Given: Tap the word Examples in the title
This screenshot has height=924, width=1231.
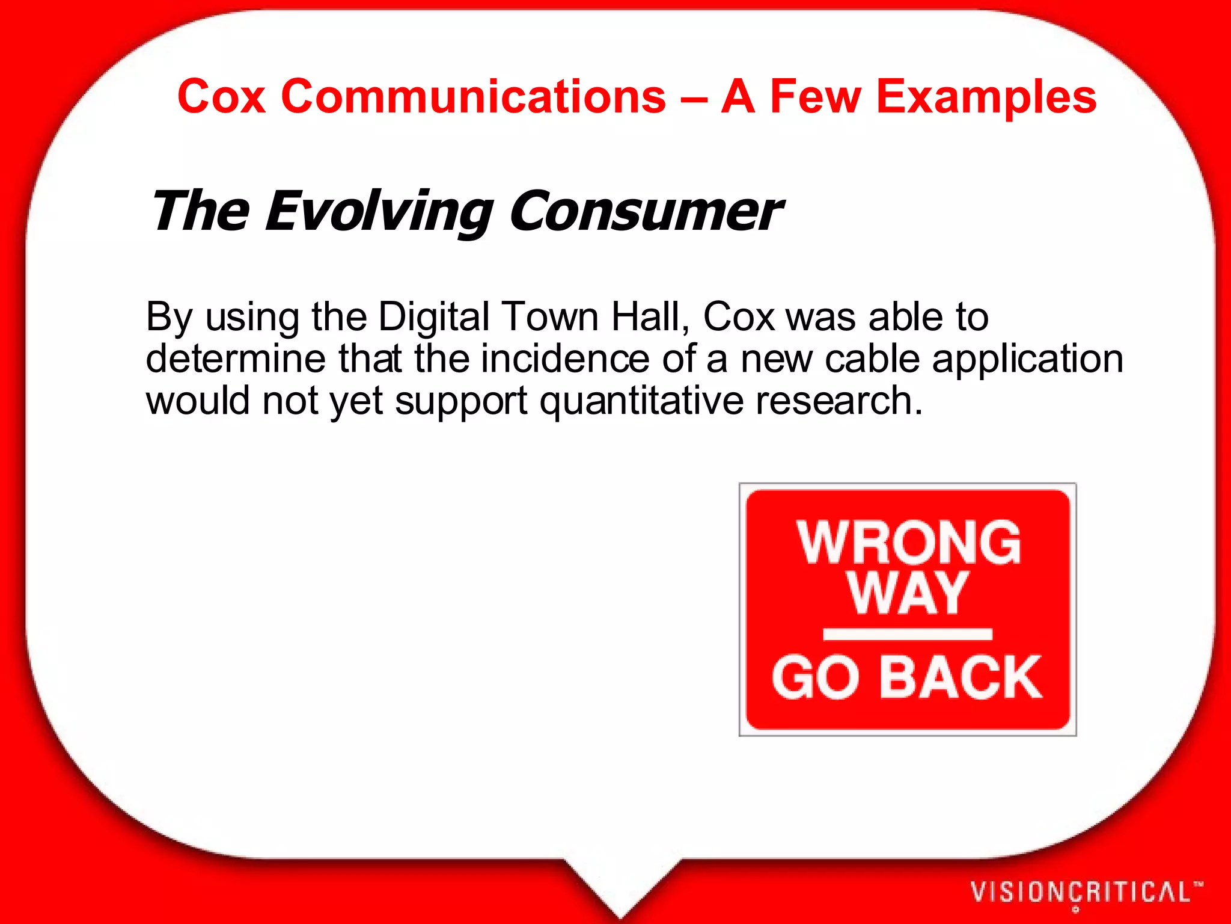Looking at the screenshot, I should click(x=986, y=97).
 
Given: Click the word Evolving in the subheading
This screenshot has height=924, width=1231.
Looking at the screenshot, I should click(x=379, y=212).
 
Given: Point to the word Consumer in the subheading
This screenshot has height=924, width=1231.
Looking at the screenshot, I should click(x=646, y=212).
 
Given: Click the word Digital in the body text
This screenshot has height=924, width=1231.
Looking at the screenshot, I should click(x=434, y=317).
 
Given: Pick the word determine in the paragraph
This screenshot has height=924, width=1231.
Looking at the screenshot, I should click(x=236, y=359).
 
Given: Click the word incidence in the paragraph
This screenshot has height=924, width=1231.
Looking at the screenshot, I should click(x=565, y=359).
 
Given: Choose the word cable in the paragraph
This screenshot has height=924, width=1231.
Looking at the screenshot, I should click(x=872, y=359).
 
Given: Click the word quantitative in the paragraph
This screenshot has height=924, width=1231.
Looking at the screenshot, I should click(x=641, y=402).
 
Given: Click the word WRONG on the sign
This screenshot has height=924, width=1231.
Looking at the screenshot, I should click(x=909, y=543).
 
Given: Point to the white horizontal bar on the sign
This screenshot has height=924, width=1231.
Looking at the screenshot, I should click(x=908, y=634).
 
